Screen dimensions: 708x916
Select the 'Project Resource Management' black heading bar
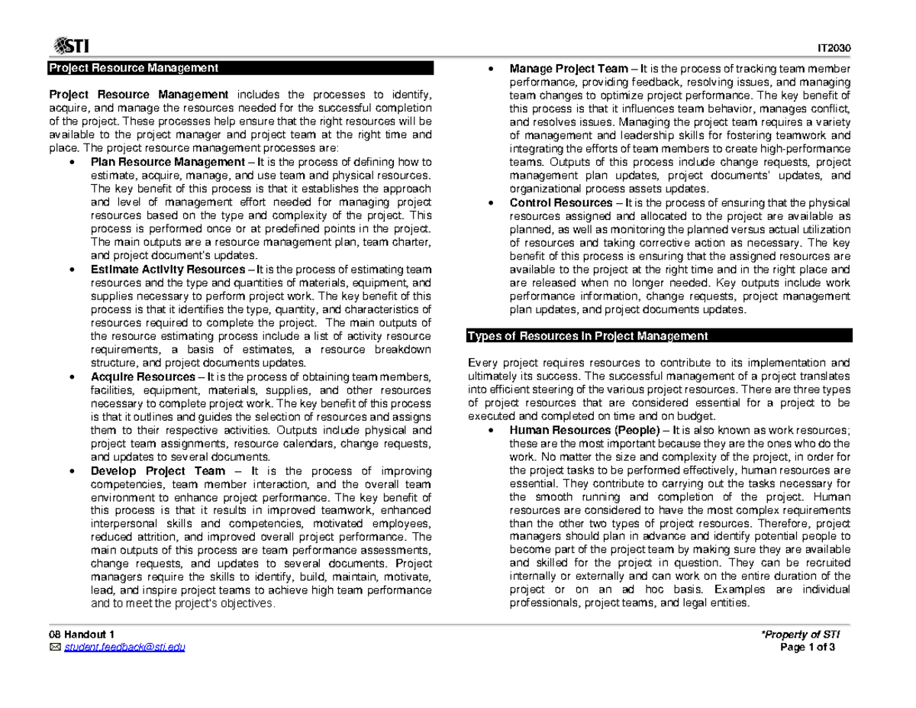[x=240, y=68]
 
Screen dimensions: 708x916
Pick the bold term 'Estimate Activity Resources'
[x=163, y=270]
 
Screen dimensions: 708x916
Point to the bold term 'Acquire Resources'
[x=143, y=377]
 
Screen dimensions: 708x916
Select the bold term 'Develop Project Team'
[x=158, y=471]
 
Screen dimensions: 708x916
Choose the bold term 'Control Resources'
[x=561, y=202]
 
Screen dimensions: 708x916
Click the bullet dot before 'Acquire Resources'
[x=71, y=378]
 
